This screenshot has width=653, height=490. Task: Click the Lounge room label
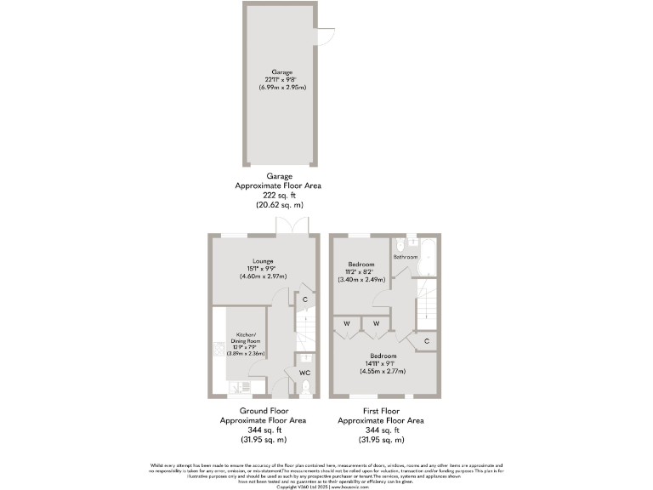[x=263, y=261]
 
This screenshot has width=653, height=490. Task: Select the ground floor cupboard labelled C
[x=304, y=299]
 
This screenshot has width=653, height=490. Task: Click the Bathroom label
[x=405, y=256]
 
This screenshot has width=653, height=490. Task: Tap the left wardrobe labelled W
[x=348, y=323]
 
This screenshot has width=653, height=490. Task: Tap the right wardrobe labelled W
[x=376, y=323]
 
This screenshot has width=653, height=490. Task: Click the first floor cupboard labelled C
[x=426, y=341]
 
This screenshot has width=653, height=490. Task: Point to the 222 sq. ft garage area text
[x=278, y=195]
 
